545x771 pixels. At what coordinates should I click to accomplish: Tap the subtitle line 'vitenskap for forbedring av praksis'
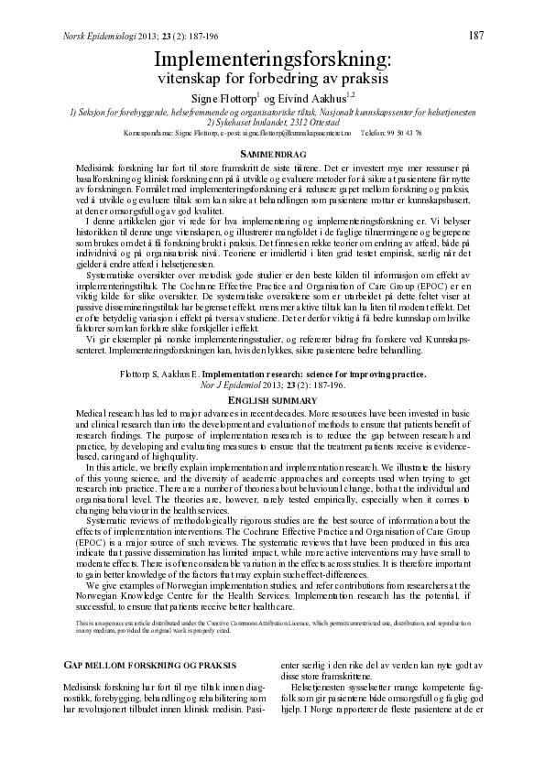[273, 79]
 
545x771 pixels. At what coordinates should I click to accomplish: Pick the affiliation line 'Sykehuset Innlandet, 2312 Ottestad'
[273, 123]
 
